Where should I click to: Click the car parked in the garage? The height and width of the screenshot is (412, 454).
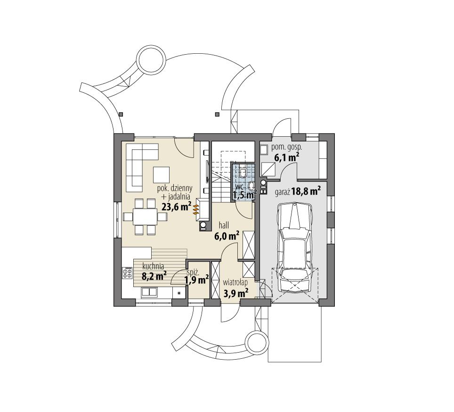(295, 247)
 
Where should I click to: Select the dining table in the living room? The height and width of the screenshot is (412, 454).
(145, 216)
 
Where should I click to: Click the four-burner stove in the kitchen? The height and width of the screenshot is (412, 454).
(127, 273)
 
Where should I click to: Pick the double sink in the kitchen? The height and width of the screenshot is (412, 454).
(149, 292)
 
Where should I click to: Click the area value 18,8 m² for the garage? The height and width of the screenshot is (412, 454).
(306, 191)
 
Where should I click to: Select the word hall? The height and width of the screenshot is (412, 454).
(224, 226)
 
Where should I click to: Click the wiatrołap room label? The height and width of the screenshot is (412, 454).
(235, 284)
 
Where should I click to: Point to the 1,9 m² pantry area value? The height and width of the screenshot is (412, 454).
(196, 280)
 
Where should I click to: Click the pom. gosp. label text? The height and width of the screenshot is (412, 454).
(287, 148)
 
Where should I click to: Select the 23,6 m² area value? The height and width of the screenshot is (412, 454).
(176, 206)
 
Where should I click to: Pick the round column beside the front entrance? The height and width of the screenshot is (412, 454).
(258, 342)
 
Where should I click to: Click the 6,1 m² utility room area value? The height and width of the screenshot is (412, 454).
(286, 157)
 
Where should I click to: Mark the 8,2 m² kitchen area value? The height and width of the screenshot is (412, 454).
(154, 277)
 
